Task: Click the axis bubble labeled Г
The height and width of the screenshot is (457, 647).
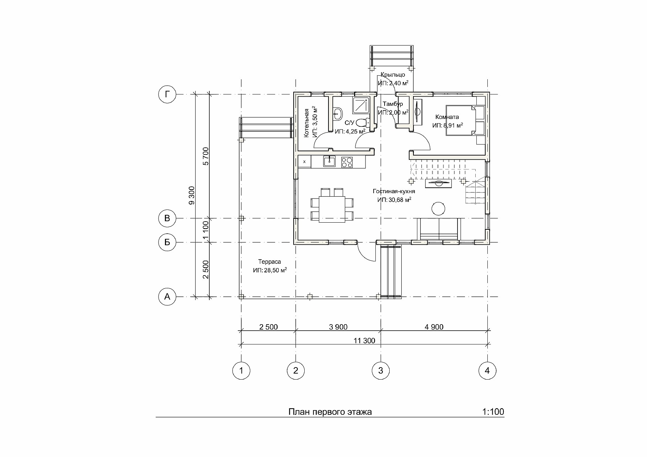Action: pyautogui.click(x=167, y=94)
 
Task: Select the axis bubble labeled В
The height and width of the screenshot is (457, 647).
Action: pyautogui.click(x=167, y=218)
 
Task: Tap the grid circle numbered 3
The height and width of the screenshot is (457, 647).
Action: pyautogui.click(x=381, y=371)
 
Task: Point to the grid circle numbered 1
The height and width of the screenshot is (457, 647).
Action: pyautogui.click(x=241, y=371)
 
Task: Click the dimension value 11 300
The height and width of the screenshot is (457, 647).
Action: pyautogui.click(x=364, y=341)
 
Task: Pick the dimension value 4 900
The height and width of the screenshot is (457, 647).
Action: pyautogui.click(x=434, y=327)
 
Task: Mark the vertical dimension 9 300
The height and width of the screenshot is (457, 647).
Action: pyautogui.click(x=192, y=195)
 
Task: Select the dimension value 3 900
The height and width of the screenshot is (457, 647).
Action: pyautogui.click(x=338, y=327)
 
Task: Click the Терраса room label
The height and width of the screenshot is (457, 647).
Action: pyautogui.click(x=269, y=262)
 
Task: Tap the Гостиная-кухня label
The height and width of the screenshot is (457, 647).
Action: pyautogui.click(x=394, y=191)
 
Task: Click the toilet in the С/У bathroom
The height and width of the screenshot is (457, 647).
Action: pyautogui.click(x=362, y=123)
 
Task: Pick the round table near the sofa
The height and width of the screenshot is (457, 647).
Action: pyautogui.click(x=438, y=208)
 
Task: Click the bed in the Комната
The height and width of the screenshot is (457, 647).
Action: pyautogui.click(x=461, y=120)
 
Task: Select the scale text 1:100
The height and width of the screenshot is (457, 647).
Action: pyautogui.click(x=493, y=412)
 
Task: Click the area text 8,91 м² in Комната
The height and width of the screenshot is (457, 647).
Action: pyautogui.click(x=452, y=125)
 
